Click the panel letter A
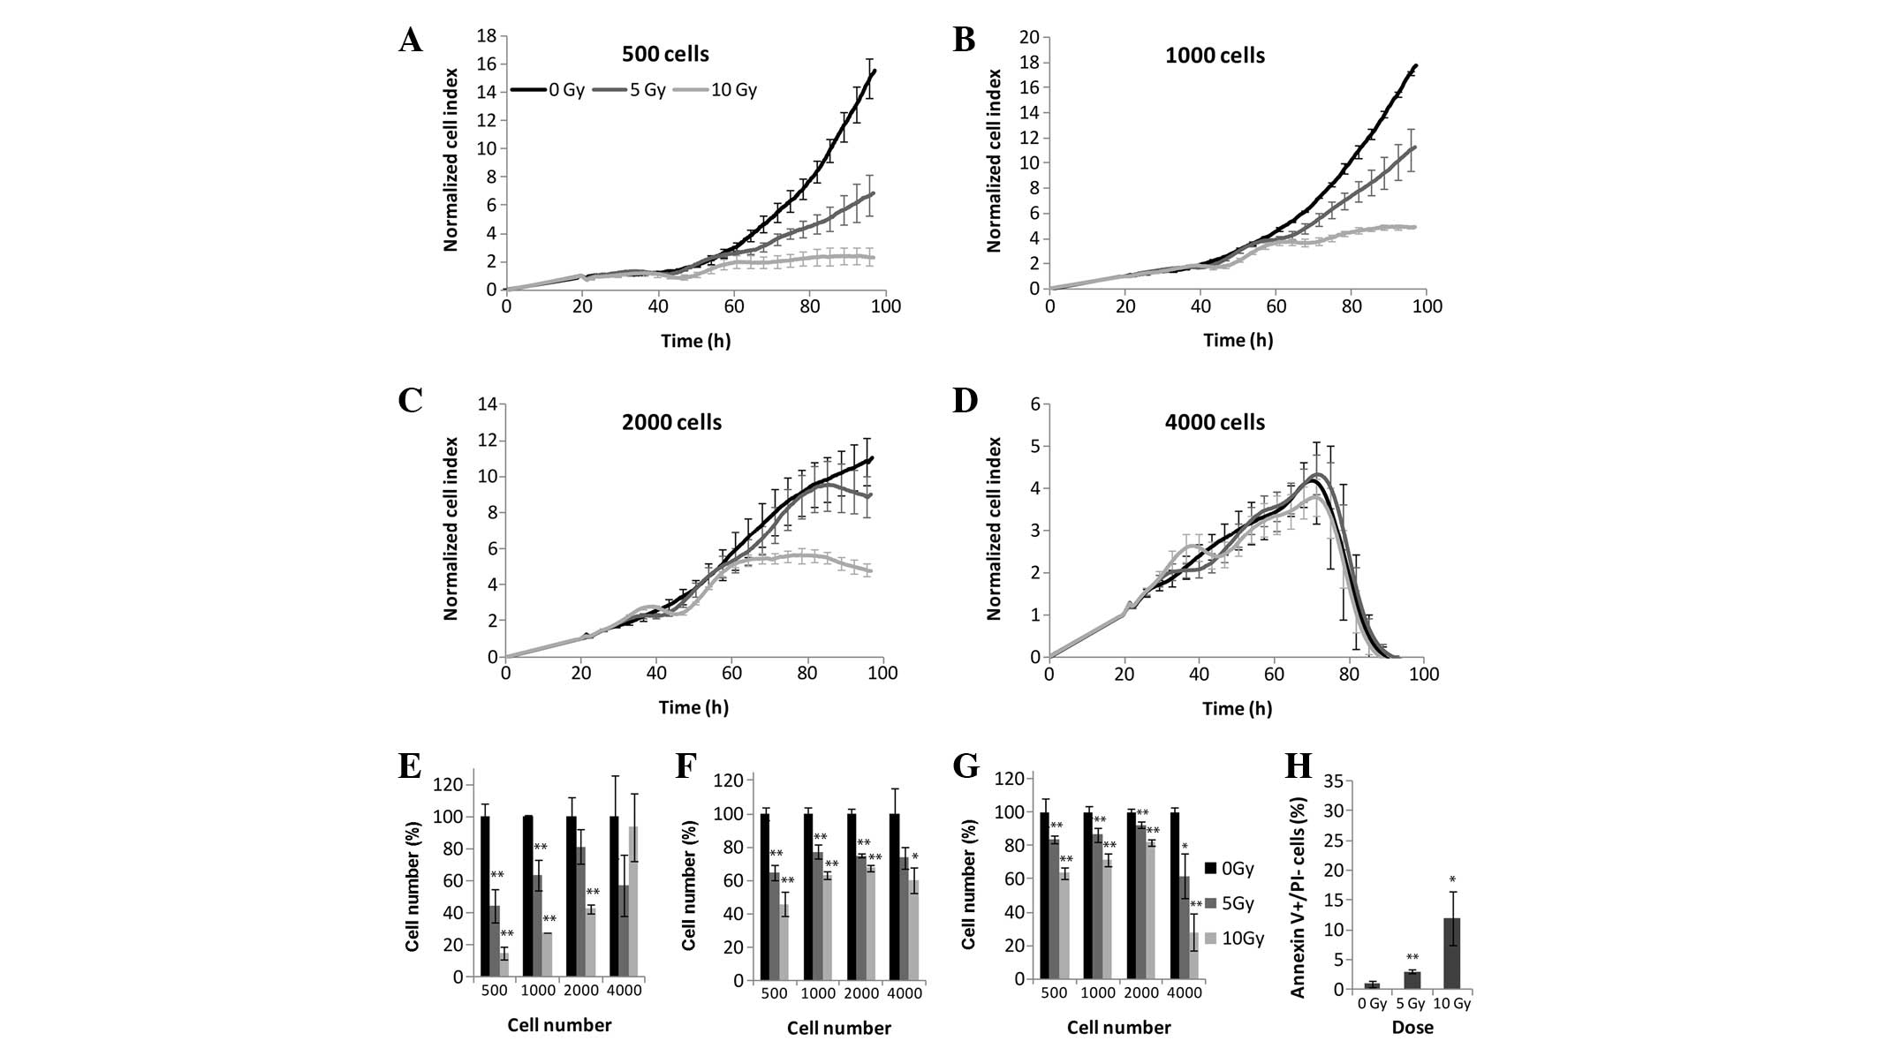click(410, 41)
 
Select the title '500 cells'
click(665, 55)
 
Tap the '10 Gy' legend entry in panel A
click(733, 90)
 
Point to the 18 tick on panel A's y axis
click(485, 36)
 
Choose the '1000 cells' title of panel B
click(1215, 56)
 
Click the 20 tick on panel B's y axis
click(1028, 37)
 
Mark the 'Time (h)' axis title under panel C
click(693, 707)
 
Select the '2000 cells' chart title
click(671, 423)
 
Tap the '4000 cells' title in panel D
click(1215, 423)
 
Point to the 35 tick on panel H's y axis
click(1337, 781)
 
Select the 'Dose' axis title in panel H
click(1412, 1028)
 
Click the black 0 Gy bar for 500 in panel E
click(485, 896)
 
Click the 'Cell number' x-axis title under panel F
click(838, 1028)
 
